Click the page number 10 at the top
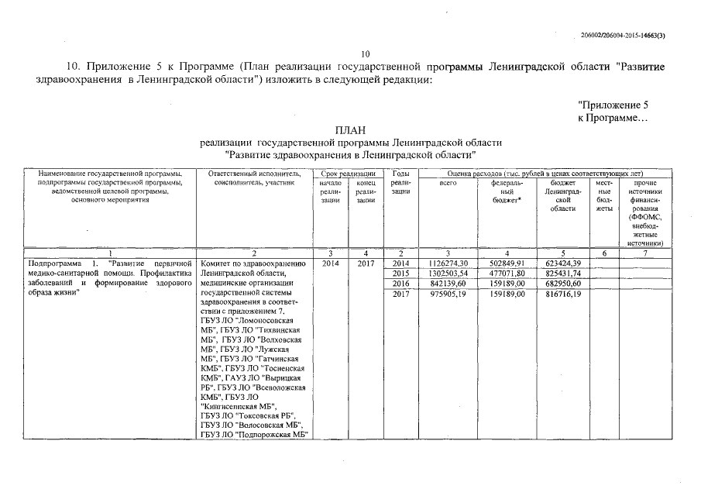366,53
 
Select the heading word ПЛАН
349,130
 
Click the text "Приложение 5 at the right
613,105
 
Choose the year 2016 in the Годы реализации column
400,284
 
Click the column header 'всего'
448,183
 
